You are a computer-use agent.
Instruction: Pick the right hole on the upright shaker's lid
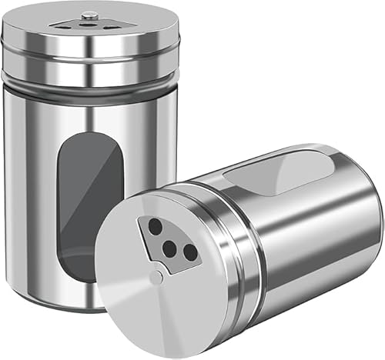(109, 26)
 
